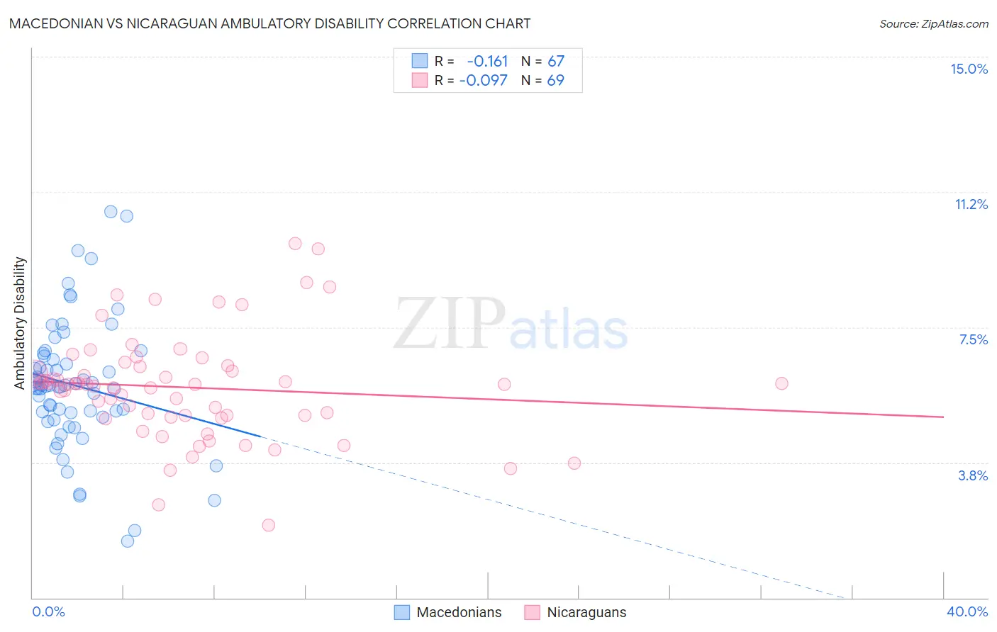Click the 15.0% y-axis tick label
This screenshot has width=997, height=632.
[969, 69]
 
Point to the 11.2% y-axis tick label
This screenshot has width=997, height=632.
[971, 204]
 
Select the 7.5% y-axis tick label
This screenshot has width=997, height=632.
[973, 339]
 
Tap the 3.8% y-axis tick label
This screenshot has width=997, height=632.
[973, 475]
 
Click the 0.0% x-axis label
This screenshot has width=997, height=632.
[48, 611]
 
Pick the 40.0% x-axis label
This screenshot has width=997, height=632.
[967, 611]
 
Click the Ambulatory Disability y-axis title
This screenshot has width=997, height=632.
[20, 323]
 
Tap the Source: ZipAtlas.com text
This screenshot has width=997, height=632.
[933, 23]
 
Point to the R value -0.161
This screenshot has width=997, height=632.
[487, 61]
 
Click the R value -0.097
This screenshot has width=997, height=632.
[484, 80]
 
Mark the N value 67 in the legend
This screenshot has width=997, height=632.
[555, 61]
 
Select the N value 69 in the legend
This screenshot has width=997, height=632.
[555, 80]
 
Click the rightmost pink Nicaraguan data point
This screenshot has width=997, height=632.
[781, 383]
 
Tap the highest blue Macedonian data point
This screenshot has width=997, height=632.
[111, 211]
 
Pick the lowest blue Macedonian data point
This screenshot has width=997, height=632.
[128, 541]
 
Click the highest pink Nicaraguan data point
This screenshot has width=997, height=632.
[295, 243]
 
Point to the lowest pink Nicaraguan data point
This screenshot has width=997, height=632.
[268, 525]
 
